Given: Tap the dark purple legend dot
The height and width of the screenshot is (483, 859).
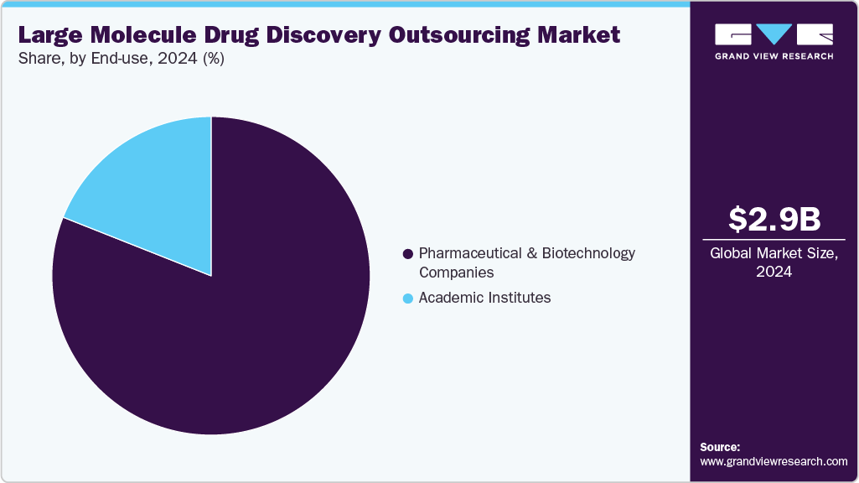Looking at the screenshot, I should pos(408,253).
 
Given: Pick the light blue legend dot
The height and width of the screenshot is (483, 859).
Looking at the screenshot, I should pos(408,299).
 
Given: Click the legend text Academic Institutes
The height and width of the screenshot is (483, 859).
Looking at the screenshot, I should pos(484,298).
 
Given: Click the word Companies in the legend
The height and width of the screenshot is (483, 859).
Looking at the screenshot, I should pos(456,273).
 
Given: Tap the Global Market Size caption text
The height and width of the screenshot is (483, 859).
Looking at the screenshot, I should pos(774,253).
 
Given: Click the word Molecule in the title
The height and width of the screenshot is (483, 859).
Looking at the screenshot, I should pos(136,35).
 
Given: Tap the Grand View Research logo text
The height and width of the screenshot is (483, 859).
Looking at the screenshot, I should pos(774,56).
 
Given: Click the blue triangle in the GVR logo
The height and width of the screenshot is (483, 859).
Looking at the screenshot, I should pos(774,34).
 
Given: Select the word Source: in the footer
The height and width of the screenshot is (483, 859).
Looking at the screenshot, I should pos(720,447).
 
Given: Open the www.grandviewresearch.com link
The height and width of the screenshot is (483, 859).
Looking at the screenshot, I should pos(774,461).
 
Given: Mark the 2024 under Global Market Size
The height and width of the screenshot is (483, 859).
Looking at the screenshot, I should pos(774,272).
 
